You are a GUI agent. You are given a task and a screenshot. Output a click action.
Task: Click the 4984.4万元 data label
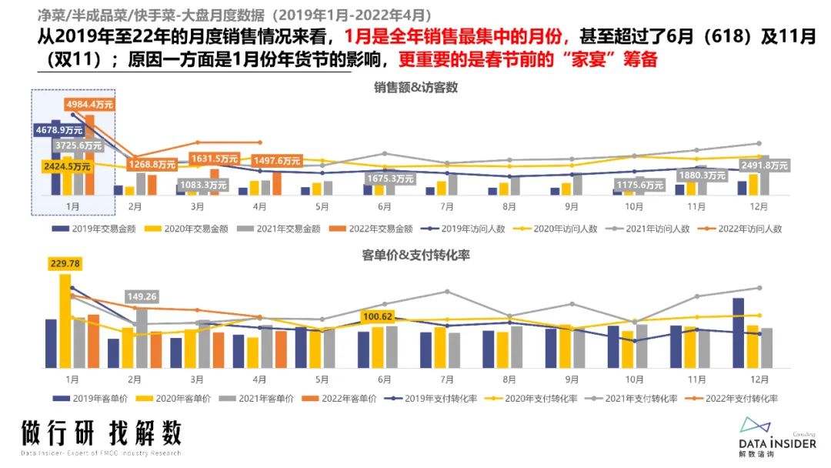(x=88, y=104)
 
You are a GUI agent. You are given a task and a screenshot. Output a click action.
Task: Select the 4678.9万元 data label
(x=58, y=131)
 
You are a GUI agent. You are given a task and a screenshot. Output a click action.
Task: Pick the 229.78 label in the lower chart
(x=65, y=264)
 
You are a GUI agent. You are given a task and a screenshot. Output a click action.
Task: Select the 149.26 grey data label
(x=142, y=296)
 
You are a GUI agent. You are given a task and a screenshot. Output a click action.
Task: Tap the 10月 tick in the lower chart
(x=634, y=379)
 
